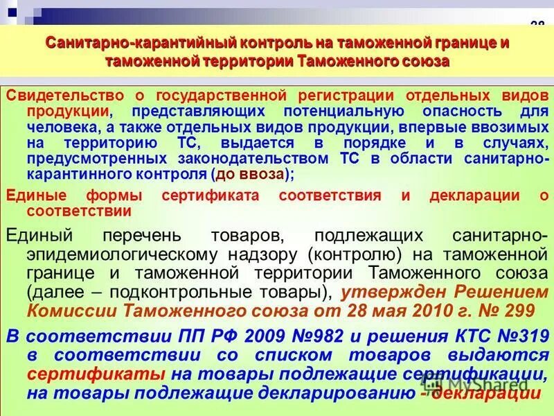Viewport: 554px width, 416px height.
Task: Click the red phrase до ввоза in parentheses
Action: (251, 174)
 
